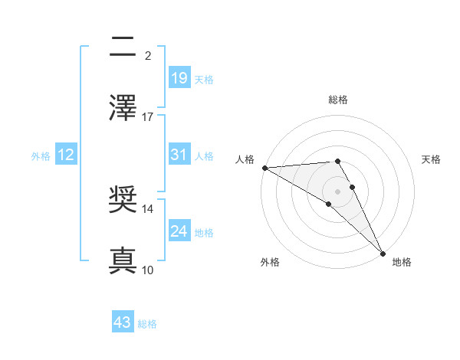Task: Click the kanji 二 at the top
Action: [123, 48]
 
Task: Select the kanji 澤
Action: [123, 108]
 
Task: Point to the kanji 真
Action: [123, 261]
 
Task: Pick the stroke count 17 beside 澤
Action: [148, 116]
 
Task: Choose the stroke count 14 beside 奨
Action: [148, 208]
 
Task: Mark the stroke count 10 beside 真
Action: [148, 270]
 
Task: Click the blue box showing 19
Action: [179, 78]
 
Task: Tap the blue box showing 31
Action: [179, 155]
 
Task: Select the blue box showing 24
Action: [179, 231]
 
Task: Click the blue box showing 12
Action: [66, 155]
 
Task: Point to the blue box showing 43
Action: [123, 323]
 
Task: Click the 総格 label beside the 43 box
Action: [148, 324]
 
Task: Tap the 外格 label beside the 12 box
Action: [41, 155]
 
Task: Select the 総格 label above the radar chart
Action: [338, 100]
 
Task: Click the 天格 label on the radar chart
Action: [432, 159]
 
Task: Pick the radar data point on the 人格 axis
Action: [264, 168]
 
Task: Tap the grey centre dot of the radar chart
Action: [338, 191]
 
